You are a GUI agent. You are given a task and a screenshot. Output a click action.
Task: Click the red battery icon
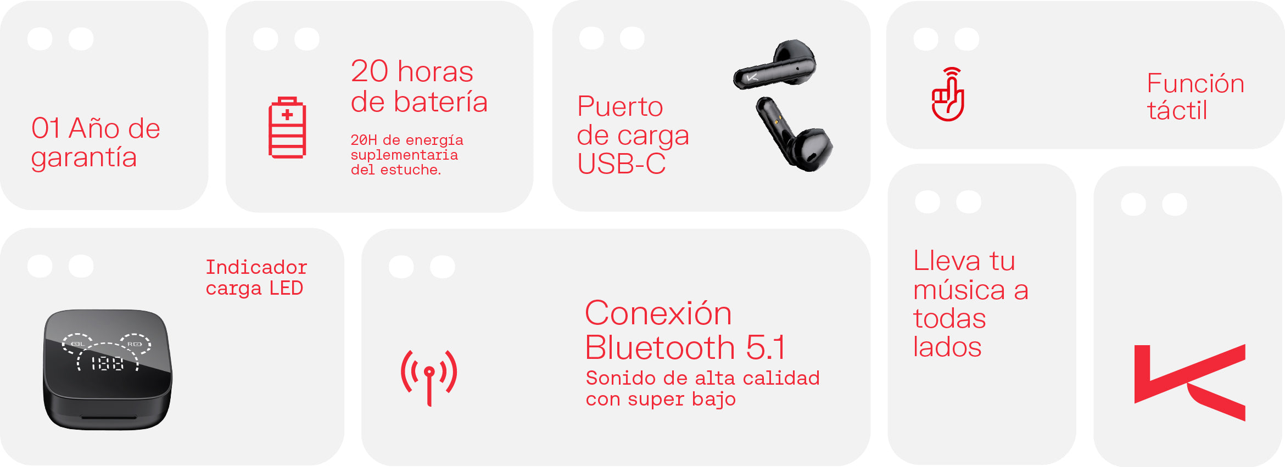click(287, 128)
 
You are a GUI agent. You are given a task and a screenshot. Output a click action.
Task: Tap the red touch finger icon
click(948, 94)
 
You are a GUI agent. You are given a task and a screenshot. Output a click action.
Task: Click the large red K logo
click(1189, 382)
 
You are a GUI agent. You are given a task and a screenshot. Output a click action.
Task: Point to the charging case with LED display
click(108, 369)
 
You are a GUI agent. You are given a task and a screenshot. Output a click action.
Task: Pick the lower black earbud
click(794, 134)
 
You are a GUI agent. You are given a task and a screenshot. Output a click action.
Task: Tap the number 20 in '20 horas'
click(370, 71)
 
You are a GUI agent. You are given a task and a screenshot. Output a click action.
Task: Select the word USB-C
click(622, 164)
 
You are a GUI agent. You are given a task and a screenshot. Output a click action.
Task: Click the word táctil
click(1177, 110)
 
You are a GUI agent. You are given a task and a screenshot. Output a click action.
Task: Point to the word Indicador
click(256, 267)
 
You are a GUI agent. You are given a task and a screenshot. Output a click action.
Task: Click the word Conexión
click(658, 313)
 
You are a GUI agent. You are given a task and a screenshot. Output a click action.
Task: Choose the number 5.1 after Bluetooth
click(766, 347)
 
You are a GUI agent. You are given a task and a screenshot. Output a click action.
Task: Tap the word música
click(959, 290)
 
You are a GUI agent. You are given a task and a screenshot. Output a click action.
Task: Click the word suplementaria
click(404, 155)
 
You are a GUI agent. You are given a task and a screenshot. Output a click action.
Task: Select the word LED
click(286, 288)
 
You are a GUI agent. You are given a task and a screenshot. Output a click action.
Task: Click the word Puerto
click(620, 107)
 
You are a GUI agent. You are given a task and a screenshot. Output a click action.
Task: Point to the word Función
click(1195, 83)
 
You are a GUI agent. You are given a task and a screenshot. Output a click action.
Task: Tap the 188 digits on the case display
click(107, 363)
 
